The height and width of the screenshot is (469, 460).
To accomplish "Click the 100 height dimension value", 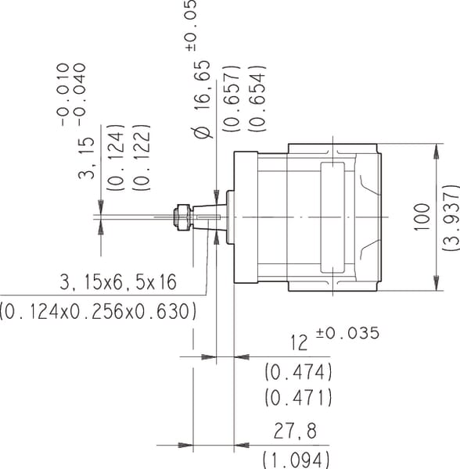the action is pyautogui.click(x=422, y=217).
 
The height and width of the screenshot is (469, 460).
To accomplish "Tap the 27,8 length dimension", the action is pyautogui.click(x=295, y=431).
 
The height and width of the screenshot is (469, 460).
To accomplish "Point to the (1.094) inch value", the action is pyautogui.click(x=296, y=460).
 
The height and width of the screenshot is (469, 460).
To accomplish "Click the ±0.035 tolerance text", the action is pyautogui.click(x=347, y=333).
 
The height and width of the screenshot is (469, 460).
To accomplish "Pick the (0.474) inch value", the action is pyautogui.click(x=298, y=372).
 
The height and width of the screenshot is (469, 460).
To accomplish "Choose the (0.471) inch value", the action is pyautogui.click(x=298, y=398).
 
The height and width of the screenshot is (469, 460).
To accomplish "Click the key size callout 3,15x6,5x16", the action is pyautogui.click(x=118, y=282).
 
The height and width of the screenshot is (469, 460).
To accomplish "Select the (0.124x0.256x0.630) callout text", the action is pyautogui.click(x=98, y=311).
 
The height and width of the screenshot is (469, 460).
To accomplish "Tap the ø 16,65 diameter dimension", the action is pyautogui.click(x=203, y=99).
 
